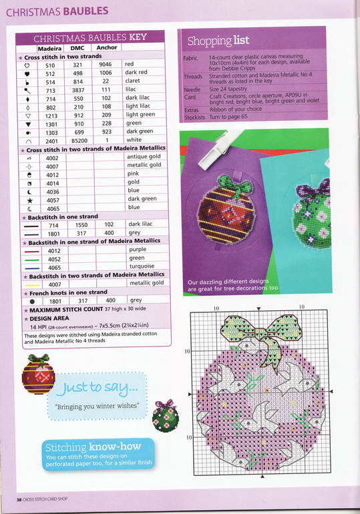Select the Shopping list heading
218,41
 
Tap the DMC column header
78,48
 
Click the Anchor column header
106,48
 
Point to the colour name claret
134,81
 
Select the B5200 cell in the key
79,140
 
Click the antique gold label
144,157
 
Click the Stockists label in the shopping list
193,117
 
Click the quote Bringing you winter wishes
92,406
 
